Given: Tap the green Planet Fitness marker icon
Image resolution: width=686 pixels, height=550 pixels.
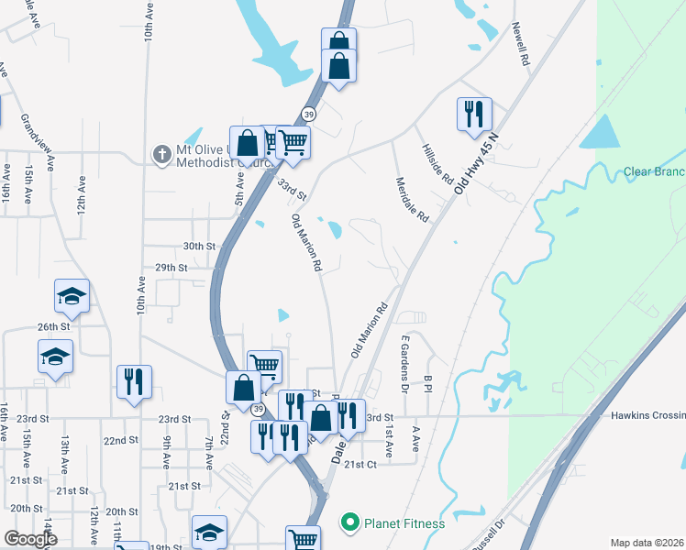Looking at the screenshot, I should pos(349,523).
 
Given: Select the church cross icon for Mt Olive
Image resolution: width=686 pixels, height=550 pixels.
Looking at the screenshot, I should pos(160,153).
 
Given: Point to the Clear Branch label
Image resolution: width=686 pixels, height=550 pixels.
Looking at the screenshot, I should pos(654,171).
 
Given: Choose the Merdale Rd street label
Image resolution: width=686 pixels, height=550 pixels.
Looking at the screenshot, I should pos(411,200).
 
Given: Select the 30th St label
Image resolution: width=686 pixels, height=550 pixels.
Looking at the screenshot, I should pos(197,246).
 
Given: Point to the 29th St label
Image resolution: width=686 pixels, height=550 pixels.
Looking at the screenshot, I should pos(171,268).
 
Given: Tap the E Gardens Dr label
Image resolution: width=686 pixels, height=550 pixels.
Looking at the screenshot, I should pos(404,362).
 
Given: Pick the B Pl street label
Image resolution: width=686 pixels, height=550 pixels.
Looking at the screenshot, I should pos(427,382).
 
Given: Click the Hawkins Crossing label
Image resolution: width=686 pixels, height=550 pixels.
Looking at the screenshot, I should pos(647,415).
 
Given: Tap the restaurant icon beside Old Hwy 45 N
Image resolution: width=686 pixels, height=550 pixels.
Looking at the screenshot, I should pos(474,115).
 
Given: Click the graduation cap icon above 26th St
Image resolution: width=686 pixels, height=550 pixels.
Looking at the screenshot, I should pos(72,296).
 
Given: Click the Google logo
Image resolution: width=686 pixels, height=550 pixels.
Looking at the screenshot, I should pos(29,539).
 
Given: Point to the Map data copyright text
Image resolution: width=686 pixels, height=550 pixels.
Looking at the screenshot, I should pos(647,543).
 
